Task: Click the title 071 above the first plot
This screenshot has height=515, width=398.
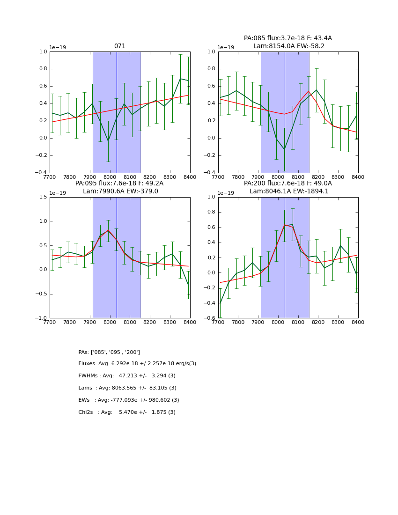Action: point(120,46)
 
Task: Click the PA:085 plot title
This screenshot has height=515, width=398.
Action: point(287,38)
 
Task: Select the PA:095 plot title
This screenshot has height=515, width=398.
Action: point(119,184)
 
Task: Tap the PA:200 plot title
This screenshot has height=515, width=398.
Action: point(287,184)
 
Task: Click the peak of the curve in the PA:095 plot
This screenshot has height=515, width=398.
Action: point(108,230)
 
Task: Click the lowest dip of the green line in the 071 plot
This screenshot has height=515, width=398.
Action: point(108,141)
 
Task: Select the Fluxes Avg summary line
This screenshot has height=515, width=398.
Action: point(137,364)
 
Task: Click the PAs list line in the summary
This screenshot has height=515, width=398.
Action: point(109,352)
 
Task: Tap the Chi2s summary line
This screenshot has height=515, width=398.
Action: point(127,412)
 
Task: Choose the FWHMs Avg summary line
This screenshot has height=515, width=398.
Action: point(127,376)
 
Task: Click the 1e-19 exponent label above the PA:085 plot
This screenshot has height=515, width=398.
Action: point(226,47)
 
